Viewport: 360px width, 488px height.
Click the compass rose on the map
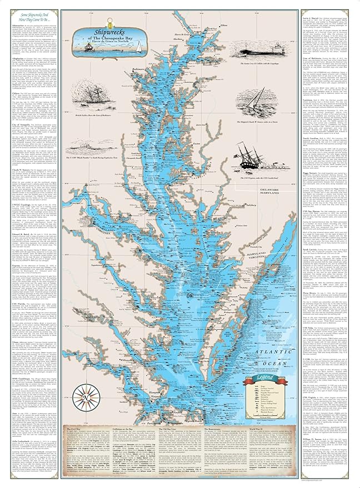click(71, 397)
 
